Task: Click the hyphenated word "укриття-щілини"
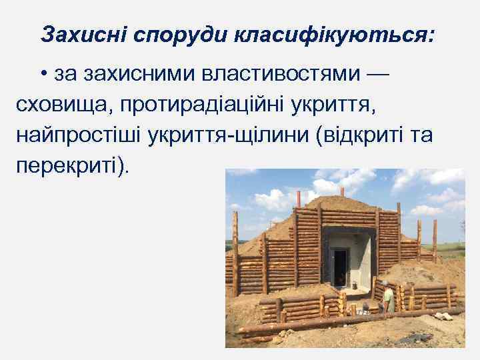point(249,135)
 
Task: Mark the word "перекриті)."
point(70,165)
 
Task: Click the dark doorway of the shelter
point(340,267)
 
